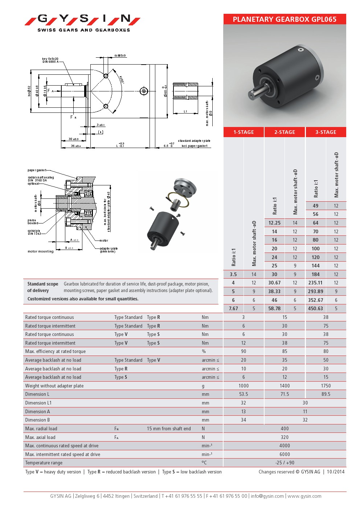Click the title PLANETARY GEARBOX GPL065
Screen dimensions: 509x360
tap(285, 19)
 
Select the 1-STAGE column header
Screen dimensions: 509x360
tap(244, 132)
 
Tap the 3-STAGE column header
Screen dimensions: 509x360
tap(326, 132)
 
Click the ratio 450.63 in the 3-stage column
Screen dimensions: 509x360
tap(315, 308)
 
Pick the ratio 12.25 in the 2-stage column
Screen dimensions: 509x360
tap(274, 223)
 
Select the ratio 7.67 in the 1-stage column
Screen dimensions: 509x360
tap(233, 308)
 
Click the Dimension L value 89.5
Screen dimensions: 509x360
tap(326, 394)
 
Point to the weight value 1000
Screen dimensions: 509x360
tap(244, 386)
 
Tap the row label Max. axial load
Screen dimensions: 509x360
tap(40, 437)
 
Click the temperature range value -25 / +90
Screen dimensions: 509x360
tap(285, 463)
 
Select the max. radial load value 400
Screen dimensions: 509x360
tap(285, 428)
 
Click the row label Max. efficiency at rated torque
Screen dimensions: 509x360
tap(56, 351)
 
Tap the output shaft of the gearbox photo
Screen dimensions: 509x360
tap(255, 93)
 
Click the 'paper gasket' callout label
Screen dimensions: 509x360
tap(37, 170)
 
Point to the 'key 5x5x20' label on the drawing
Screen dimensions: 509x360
tap(50, 59)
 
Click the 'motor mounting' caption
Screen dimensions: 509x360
tap(40, 251)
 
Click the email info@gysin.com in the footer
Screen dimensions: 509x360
tap(267, 496)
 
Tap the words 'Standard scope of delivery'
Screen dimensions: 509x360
tap(42, 287)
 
